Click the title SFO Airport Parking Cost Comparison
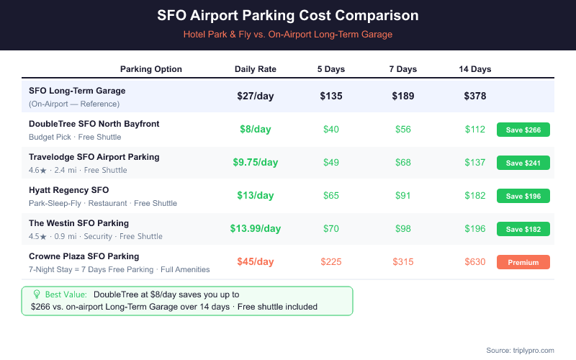click(x=288, y=15)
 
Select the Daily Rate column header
click(x=256, y=69)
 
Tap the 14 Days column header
click(x=475, y=69)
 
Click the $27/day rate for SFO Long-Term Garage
click(x=256, y=96)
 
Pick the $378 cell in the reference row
click(x=475, y=96)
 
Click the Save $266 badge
click(x=523, y=130)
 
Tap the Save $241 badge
click(x=523, y=163)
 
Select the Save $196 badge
click(x=523, y=196)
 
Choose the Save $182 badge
click(x=523, y=229)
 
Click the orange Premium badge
click(x=523, y=262)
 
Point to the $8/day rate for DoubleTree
click(x=256, y=129)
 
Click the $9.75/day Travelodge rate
click(x=256, y=162)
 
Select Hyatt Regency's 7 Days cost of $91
click(x=403, y=195)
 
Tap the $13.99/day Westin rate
click(x=256, y=228)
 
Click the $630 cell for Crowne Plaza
click(x=475, y=261)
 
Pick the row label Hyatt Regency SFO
click(x=69, y=190)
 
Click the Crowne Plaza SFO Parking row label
click(x=84, y=256)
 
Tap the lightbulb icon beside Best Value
click(x=37, y=294)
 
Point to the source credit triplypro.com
click(x=520, y=350)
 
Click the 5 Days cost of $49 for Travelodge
click(x=331, y=162)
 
